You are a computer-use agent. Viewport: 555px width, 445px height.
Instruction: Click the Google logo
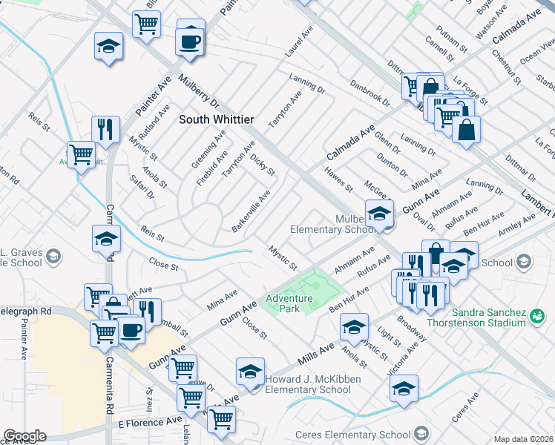click(x=24, y=436)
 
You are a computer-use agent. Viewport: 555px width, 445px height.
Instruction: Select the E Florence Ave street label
click(x=150, y=421)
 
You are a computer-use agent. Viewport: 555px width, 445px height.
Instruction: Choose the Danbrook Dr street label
click(x=370, y=94)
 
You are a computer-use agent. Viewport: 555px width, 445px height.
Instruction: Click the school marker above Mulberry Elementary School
click(x=378, y=214)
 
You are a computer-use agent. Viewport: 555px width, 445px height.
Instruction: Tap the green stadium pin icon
click(x=538, y=317)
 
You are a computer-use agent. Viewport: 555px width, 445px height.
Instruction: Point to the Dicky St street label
click(x=263, y=165)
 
